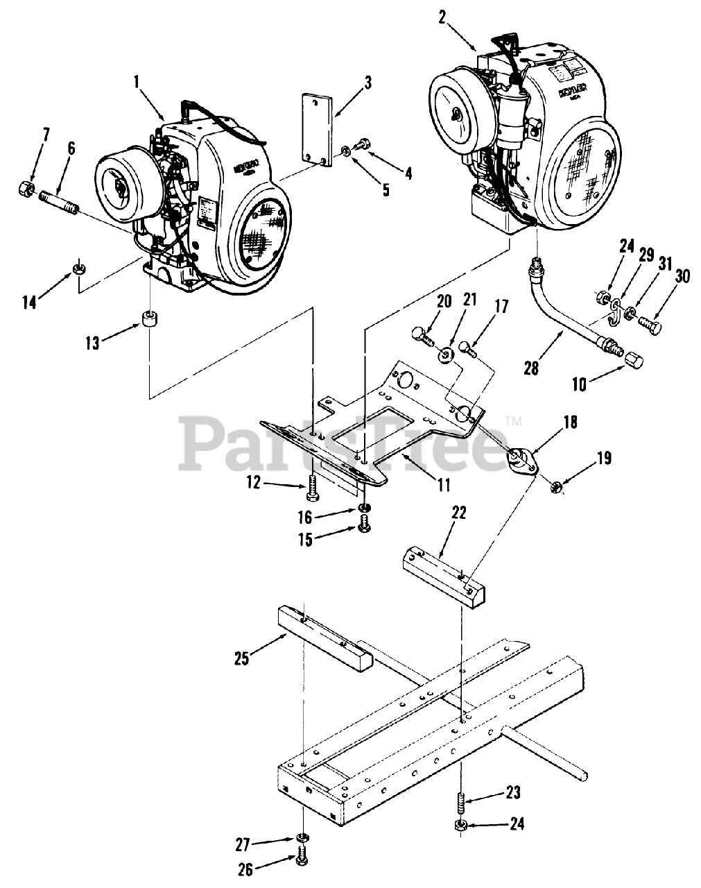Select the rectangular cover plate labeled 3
pos(315,129)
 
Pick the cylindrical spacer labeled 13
pos(150,321)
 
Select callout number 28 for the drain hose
pos(531,368)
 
